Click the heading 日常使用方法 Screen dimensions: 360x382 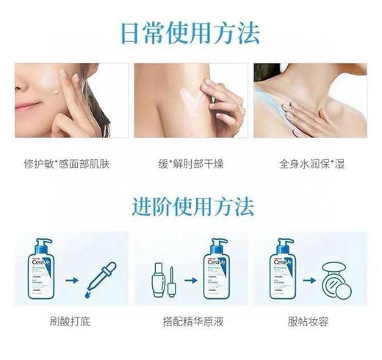coord(191,32)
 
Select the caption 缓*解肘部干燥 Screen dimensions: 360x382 coord(190,162)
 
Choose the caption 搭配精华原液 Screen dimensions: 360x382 coord(190,322)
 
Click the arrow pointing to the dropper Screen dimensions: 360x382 coord(72,279)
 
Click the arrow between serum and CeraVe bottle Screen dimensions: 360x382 coord(190,279)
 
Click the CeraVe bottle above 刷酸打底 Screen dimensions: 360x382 coord(42,268)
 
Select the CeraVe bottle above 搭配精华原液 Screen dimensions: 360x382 coord(218,268)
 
